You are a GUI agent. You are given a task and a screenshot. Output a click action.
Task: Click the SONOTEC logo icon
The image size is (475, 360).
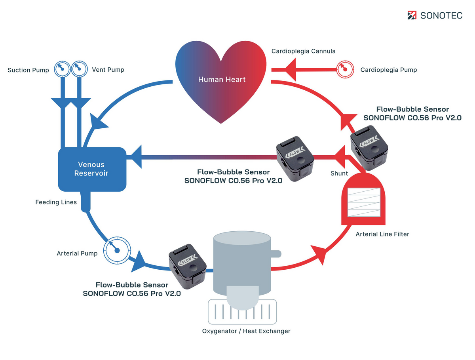tap(412, 15)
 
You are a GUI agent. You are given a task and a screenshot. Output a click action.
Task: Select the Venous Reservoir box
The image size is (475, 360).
tap(92, 169)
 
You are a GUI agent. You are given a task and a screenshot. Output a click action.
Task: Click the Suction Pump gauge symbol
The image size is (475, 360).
tap(62, 69)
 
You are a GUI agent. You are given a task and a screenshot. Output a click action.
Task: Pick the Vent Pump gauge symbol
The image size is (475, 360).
tap(79, 69)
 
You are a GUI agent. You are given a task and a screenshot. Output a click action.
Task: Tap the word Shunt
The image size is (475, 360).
tap(339, 173)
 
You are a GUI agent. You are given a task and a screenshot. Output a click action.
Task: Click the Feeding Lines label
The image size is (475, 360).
tap(56, 202)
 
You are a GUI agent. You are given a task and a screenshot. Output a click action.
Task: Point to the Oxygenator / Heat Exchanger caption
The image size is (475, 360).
tap(246, 331)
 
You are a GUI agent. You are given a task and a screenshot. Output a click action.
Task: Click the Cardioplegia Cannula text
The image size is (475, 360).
tap(303, 51)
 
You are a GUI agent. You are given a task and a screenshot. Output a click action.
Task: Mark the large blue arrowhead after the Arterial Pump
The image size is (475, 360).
tap(139, 261)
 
